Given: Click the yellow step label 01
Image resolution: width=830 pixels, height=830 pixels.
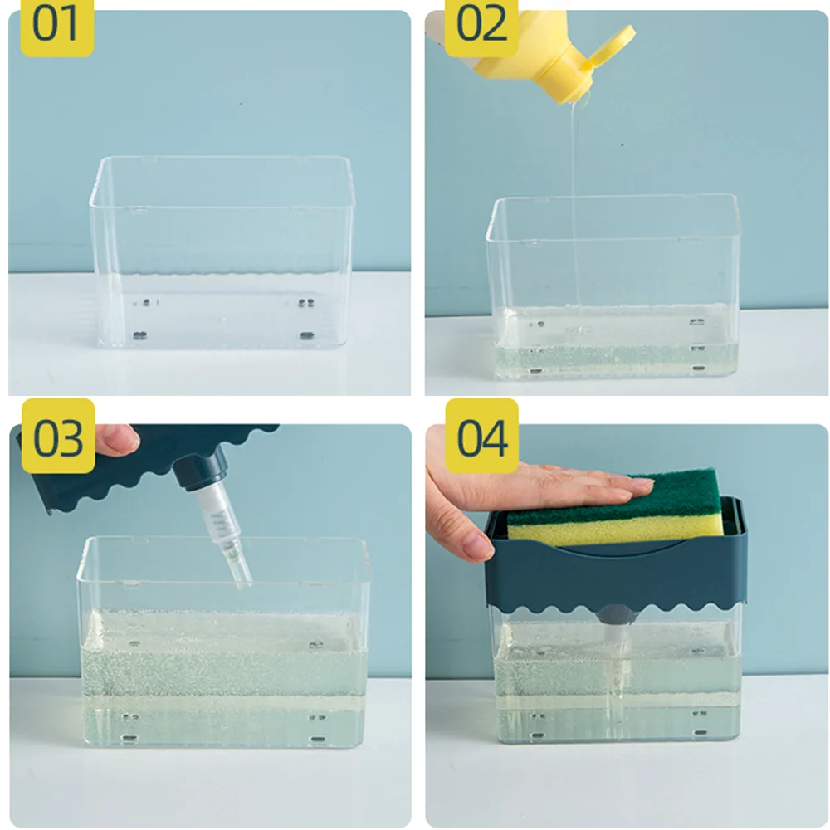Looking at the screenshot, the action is coord(56,27).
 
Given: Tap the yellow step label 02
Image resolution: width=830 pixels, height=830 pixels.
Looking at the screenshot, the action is coord(481,27).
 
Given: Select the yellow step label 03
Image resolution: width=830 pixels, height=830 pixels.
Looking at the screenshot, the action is coord(58,437).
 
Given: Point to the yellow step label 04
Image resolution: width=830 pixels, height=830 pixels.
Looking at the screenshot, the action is coord(481,437).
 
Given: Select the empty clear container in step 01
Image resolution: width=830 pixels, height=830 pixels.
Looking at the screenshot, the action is coord(221,252).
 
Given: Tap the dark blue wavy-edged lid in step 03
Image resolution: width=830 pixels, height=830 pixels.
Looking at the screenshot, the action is coord(138,466).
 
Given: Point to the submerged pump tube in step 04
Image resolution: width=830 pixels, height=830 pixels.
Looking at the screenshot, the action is coord(618,683).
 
